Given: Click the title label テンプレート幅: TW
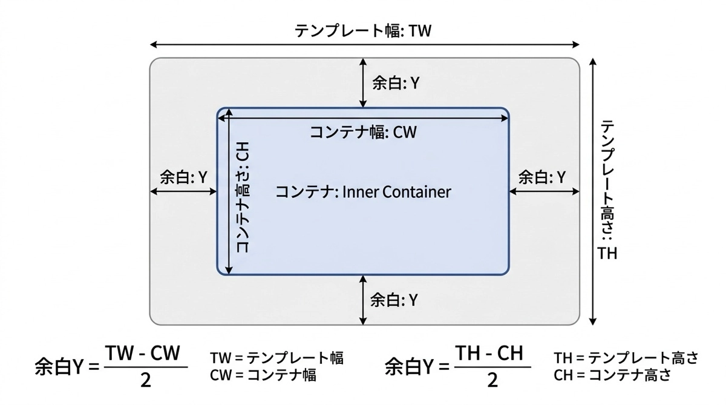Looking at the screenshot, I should click(363, 31).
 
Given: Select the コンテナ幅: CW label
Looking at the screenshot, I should click(363, 132).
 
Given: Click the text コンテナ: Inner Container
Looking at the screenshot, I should click(363, 192).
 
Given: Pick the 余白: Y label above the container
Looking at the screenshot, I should click(396, 84).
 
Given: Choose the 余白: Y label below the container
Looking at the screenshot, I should click(394, 299).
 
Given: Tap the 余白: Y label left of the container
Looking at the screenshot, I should click(183, 177).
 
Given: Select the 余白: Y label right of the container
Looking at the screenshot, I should click(542, 177).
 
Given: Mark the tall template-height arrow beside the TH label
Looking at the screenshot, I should click(594, 191).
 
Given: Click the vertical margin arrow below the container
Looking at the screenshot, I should click(363, 300).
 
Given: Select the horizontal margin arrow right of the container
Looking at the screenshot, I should click(544, 191).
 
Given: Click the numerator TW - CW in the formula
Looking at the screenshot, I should click(142, 355).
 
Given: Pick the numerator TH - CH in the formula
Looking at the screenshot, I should click(488, 355).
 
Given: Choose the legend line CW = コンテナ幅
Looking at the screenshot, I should click(263, 375).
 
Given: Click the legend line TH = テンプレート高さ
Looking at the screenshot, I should click(626, 358).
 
